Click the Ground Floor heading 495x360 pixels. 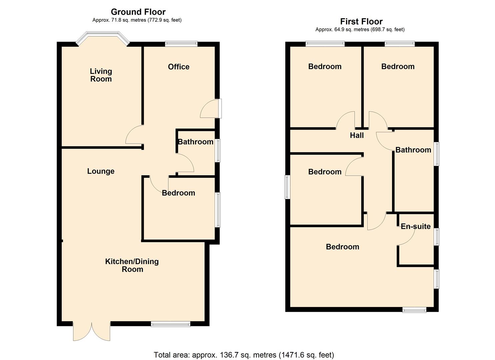click(x=138, y=12)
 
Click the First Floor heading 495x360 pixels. click(x=361, y=22)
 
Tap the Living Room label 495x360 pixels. click(x=101, y=75)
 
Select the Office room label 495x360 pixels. click(x=179, y=67)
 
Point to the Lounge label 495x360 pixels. click(x=101, y=171)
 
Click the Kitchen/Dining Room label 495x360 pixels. click(x=132, y=265)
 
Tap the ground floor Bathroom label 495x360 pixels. click(x=196, y=142)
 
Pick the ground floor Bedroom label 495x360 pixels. click(x=178, y=193)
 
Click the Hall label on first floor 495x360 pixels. click(x=357, y=135)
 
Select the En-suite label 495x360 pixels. click(x=415, y=226)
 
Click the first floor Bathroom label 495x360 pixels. click(x=413, y=150)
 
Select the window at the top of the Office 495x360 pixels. click(x=181, y=44)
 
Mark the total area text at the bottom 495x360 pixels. click(x=244, y=355)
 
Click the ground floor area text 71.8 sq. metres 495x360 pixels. click(x=137, y=20)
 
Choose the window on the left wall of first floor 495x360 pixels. click(x=287, y=187)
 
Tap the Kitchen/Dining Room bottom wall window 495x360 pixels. click(x=170, y=324)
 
